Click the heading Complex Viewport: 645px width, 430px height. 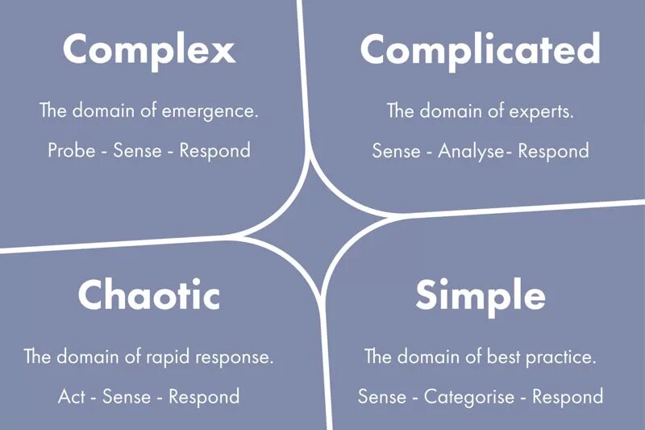tap(149, 50)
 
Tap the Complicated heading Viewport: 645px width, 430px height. tap(480, 50)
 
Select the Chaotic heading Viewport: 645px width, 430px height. tap(149, 295)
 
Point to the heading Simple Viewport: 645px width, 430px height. tap(480, 295)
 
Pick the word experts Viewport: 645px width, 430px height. tap(546, 111)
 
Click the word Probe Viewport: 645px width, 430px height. tap(70, 151)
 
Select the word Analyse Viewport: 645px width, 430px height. tap(471, 151)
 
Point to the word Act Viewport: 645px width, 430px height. tap(71, 397)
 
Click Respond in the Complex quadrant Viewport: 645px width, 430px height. tap(214, 151)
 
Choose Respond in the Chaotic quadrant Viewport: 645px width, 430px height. tap(204, 397)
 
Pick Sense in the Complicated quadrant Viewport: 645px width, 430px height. tap(395, 151)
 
